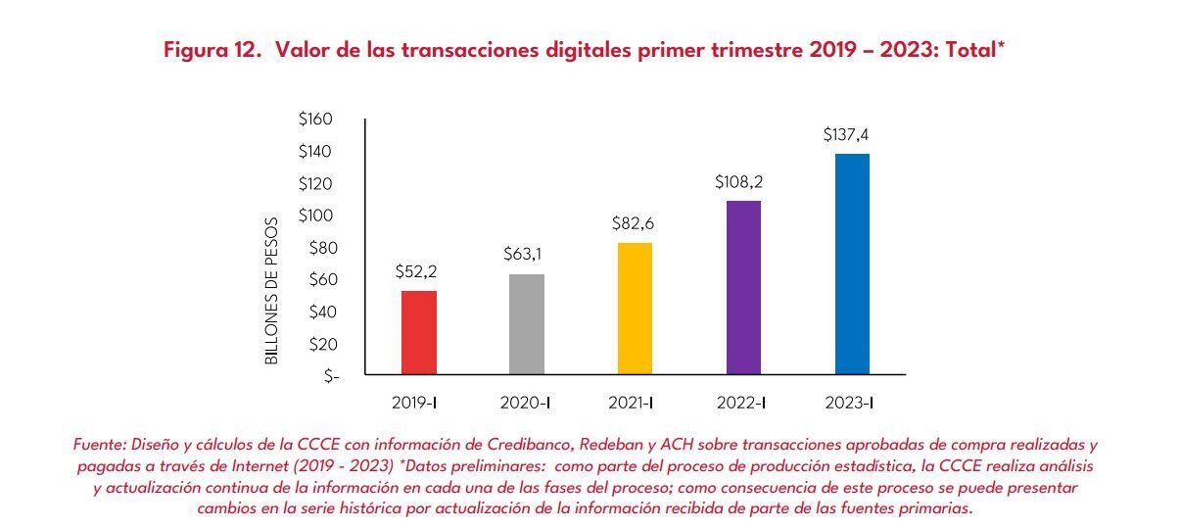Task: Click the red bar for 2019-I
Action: click(x=419, y=332)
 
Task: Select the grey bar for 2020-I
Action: click(x=526, y=324)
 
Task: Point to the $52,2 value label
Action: click(x=416, y=271)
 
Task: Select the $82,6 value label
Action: click(x=633, y=223)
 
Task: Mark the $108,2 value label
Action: click(x=740, y=181)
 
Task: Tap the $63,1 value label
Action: click(x=524, y=255)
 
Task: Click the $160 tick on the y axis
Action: click(x=315, y=120)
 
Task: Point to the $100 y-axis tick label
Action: click(x=315, y=216)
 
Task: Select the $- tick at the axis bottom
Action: click(x=331, y=376)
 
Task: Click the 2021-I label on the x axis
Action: click(x=632, y=403)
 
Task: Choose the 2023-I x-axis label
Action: click(x=849, y=403)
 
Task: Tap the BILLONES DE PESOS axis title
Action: click(x=273, y=291)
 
